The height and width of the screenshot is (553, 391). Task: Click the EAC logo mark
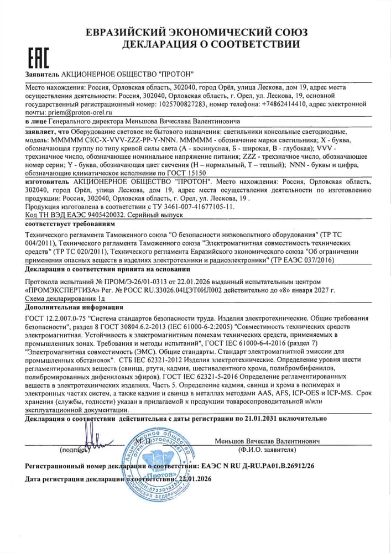(x=38, y=58)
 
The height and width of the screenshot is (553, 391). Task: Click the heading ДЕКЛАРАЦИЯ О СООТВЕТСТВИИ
(x=212, y=44)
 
